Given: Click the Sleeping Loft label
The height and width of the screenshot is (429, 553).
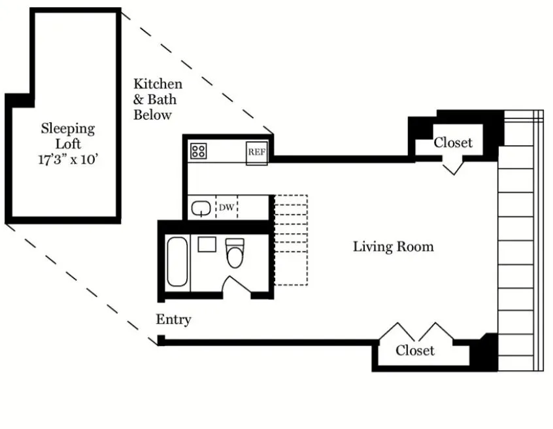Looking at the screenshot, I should click(x=68, y=135).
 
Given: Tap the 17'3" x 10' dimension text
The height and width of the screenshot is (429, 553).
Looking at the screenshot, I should click(x=68, y=159).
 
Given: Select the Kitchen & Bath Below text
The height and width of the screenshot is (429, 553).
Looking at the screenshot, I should click(x=158, y=99).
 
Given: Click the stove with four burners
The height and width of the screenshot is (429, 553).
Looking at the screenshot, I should click(x=199, y=151).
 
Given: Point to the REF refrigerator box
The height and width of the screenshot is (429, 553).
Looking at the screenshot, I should click(x=256, y=152).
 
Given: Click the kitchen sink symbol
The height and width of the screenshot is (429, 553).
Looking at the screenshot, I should click(x=200, y=208).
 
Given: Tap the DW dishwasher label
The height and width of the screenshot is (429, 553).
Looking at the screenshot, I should click(x=226, y=208).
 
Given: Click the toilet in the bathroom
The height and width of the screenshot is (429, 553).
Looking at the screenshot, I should click(x=234, y=254).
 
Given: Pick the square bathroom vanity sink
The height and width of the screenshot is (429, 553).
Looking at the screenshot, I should click(x=207, y=245).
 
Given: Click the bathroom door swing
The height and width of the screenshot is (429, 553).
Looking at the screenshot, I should click(x=233, y=285).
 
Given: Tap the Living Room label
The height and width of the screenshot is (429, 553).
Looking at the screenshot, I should click(x=393, y=247).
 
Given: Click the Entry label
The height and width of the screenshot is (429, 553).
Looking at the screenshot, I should click(x=173, y=320).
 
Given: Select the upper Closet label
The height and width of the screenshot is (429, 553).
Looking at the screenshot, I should click(x=453, y=143).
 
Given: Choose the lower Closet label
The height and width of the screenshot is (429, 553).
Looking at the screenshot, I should click(x=414, y=351).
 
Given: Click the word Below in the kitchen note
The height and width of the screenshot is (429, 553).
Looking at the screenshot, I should click(x=152, y=115).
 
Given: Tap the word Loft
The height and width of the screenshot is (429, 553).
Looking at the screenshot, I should click(x=68, y=143).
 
